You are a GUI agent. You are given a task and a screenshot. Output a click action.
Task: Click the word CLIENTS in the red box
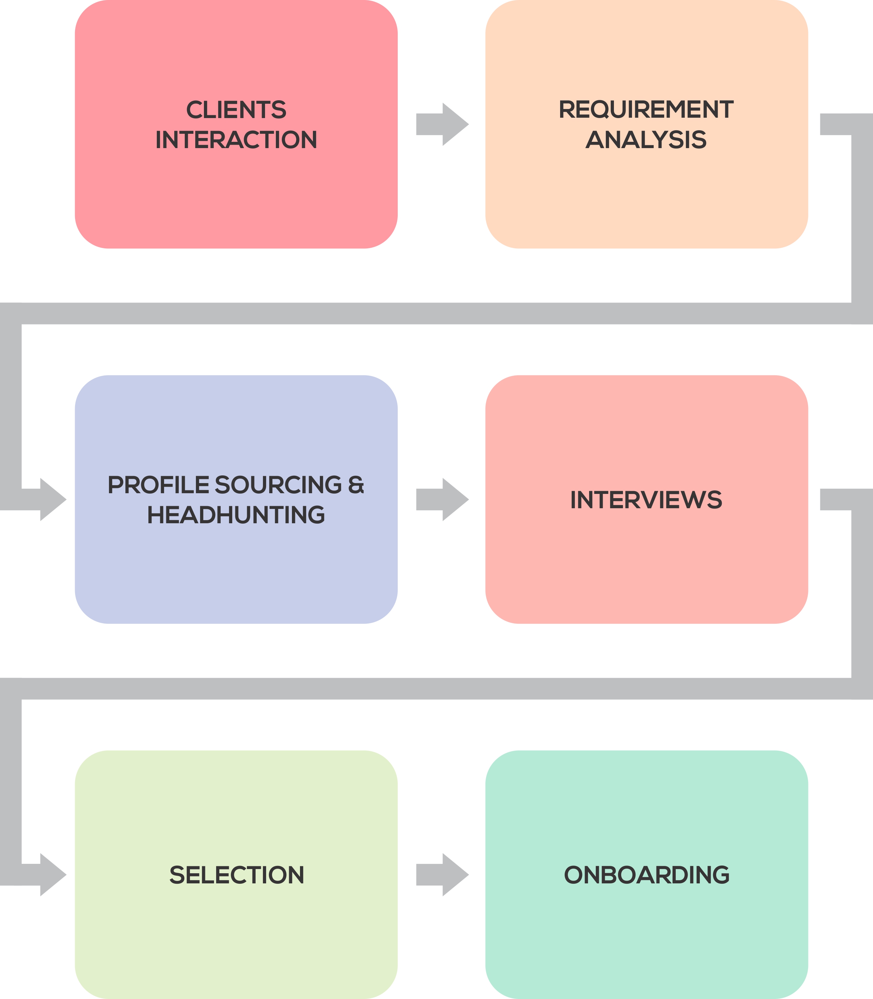[236, 110]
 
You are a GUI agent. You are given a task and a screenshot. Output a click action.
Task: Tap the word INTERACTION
[236, 140]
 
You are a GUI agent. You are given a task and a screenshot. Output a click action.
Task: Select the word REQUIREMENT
[646, 110]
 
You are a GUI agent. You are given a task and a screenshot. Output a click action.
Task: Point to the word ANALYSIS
[646, 140]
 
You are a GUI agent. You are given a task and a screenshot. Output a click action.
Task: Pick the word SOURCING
[278, 485]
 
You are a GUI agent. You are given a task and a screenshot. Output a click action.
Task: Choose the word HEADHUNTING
[236, 515]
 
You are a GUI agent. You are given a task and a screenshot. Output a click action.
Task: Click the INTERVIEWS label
[646, 500]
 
